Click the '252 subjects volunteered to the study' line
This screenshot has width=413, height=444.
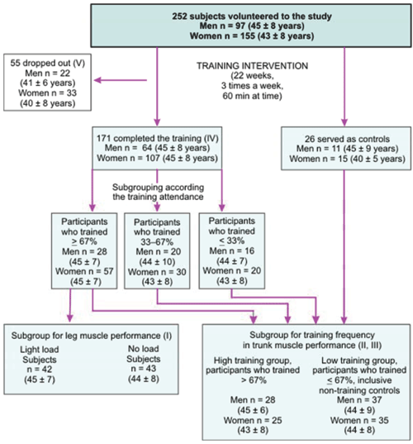(252, 17)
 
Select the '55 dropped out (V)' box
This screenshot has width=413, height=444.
(47, 83)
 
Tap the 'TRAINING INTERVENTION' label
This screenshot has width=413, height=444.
(252, 66)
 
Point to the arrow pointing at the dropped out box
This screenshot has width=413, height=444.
(121, 80)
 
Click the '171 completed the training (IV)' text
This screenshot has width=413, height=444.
(158, 138)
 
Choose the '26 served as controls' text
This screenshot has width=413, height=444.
(347, 139)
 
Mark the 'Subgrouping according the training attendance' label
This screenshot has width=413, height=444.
(158, 192)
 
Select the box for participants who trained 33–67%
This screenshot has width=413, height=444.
(157, 251)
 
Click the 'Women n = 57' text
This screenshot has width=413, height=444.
(84, 271)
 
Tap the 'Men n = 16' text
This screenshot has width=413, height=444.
(232, 251)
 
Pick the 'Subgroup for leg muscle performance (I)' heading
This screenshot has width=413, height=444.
(92, 336)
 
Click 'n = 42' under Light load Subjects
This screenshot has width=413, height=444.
(40, 370)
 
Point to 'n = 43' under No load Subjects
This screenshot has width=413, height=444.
(144, 369)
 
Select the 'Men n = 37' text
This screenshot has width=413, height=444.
(359, 400)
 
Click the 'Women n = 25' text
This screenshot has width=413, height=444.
(253, 420)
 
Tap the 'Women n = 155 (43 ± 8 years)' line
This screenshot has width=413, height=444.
(252, 36)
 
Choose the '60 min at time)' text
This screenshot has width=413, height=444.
(252, 96)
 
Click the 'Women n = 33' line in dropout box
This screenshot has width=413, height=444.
(48, 93)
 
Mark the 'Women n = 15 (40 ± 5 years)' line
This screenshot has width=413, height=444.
(348, 159)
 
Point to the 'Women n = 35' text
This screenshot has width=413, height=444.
(359, 420)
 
